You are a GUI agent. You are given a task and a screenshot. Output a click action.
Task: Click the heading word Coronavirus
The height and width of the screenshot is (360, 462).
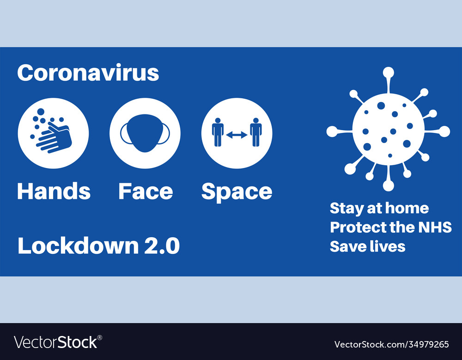click(x=88, y=73)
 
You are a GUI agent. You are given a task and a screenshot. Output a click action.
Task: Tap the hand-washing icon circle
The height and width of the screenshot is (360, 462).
click(x=53, y=133)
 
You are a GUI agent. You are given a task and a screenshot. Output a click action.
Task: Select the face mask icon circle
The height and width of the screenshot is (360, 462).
click(x=145, y=133)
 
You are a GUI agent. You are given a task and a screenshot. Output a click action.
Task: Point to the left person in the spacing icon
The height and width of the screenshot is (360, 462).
click(x=218, y=132)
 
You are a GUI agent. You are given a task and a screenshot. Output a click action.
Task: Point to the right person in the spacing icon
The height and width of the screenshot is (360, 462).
click(x=256, y=132)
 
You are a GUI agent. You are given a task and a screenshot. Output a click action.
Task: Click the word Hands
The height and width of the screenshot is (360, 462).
click(x=54, y=191)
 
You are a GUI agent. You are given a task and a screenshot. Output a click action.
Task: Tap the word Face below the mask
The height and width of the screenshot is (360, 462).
click(x=146, y=191)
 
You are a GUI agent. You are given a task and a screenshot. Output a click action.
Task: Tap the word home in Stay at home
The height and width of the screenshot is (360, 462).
click(x=407, y=208)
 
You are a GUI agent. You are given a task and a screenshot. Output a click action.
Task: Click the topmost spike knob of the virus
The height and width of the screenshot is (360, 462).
click(x=389, y=72)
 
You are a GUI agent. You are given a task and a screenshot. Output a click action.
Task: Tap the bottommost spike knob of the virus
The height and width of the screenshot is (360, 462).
click(x=389, y=185)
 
